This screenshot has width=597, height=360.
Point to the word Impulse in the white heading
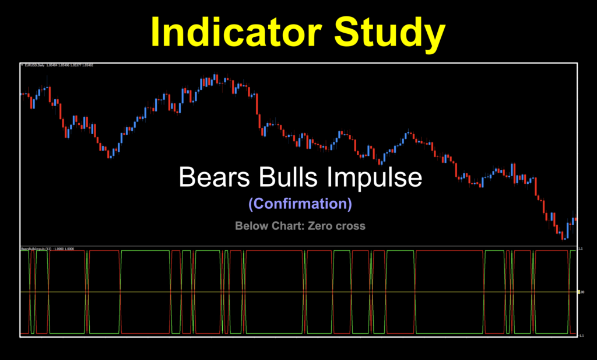pos(375,177)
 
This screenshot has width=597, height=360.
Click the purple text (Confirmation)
pos(300,204)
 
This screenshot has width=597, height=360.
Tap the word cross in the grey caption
pos(350,225)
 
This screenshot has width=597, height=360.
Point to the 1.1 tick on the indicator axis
pos(581,249)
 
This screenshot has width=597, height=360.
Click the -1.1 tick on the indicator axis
pos(581,335)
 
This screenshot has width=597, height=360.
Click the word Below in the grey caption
pos(250,225)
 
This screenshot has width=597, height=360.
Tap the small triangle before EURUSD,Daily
pos(22,65)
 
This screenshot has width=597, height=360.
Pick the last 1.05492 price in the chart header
pos(88,65)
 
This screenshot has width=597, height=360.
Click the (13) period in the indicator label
pos(49,249)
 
